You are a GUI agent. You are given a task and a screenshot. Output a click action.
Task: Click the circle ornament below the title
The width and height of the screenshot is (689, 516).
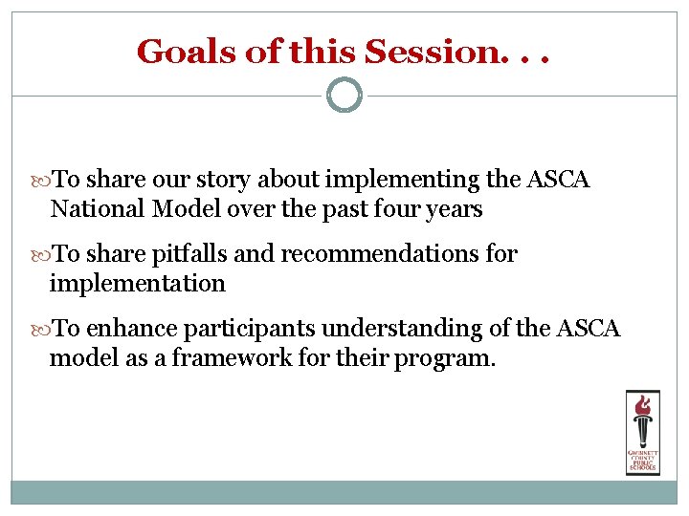click(x=344, y=95)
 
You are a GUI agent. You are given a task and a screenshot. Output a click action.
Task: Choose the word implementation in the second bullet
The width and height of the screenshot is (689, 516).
click(x=138, y=283)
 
